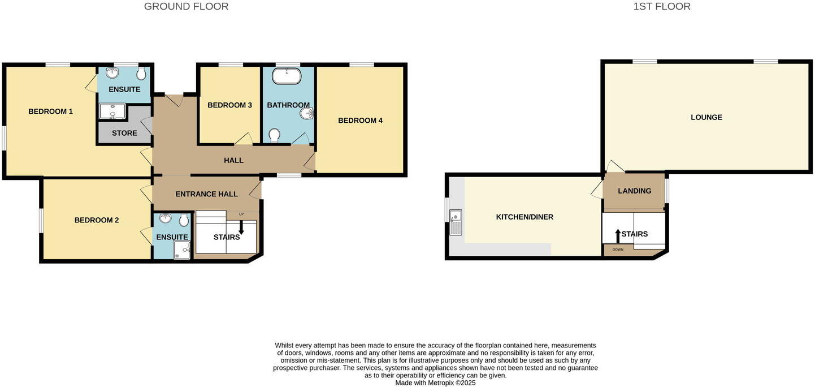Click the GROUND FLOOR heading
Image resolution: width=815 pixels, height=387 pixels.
(186, 7)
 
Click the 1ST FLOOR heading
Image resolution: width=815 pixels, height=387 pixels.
(661, 7)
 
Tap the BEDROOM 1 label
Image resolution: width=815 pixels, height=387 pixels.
(50, 111)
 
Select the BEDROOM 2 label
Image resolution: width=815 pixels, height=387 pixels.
(97, 220)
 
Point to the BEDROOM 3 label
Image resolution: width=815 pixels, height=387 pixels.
(229, 105)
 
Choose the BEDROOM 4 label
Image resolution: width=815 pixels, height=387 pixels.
(360, 121)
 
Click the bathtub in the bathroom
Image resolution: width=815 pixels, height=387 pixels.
(287, 76)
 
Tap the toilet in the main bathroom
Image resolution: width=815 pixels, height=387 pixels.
(275, 135)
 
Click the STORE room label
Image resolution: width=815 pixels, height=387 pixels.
(124, 133)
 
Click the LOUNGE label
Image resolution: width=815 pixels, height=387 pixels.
(706, 118)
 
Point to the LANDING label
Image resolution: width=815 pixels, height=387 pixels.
(634, 191)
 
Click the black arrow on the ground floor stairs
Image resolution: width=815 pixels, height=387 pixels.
(241, 228)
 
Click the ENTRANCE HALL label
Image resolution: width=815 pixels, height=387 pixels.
(206, 194)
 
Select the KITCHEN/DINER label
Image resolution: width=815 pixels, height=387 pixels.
(524, 217)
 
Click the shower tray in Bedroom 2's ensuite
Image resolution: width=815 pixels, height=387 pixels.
(181, 250)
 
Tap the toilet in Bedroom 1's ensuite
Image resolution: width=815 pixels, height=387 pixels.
(141, 74)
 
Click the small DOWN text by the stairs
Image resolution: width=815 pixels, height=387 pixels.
(618, 250)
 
